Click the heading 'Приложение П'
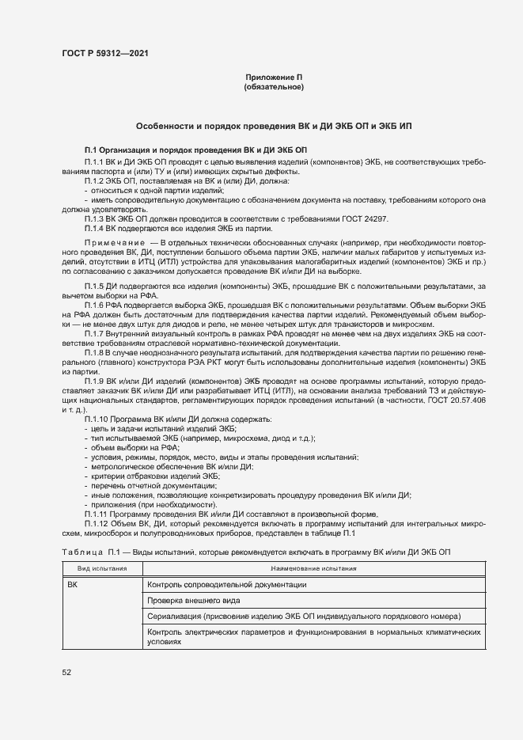274,77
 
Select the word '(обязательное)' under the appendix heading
274,87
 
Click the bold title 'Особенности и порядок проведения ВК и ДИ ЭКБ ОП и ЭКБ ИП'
274,126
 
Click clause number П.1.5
95,283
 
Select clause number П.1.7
95,333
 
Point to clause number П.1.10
97,419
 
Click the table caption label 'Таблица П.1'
89,552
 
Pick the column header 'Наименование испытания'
313,569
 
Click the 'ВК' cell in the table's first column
73,585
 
